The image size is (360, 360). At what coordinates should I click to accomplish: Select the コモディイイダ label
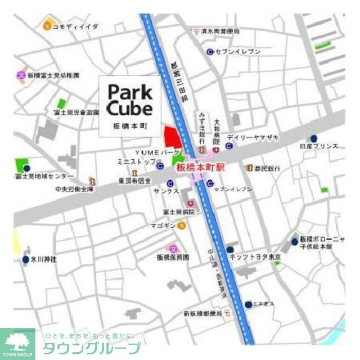coord(75,26)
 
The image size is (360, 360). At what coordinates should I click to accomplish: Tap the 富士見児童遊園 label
coord(76,113)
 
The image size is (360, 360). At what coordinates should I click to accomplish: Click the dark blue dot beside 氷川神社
coord(25,260)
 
